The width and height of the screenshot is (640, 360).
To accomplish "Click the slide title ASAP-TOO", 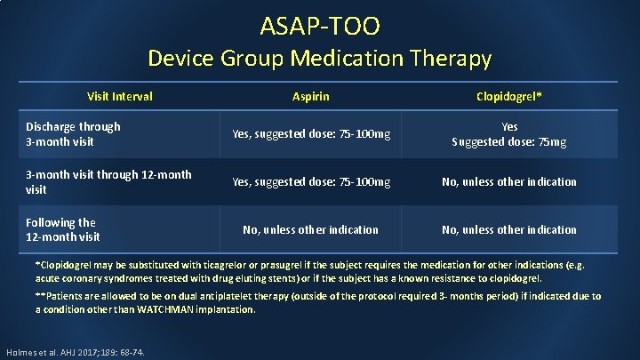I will pos(319,26).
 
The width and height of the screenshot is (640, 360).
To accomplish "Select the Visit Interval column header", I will pos(119,96).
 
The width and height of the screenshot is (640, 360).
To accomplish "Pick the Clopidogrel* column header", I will pos(509,96).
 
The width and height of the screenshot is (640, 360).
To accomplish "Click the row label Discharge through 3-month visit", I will pos(73,134).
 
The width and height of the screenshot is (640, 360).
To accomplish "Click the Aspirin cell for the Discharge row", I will pos(311,134).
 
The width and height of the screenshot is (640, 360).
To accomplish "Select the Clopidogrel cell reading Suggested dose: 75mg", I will pos(509,141).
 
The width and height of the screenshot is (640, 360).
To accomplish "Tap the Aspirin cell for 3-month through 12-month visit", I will pos(311,182).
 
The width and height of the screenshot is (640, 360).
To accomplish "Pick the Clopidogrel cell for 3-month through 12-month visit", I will pos(509,182).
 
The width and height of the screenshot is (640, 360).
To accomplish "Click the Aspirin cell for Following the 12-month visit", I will pos(311,229).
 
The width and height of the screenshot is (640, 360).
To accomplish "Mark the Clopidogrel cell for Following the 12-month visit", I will pos(509,229).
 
